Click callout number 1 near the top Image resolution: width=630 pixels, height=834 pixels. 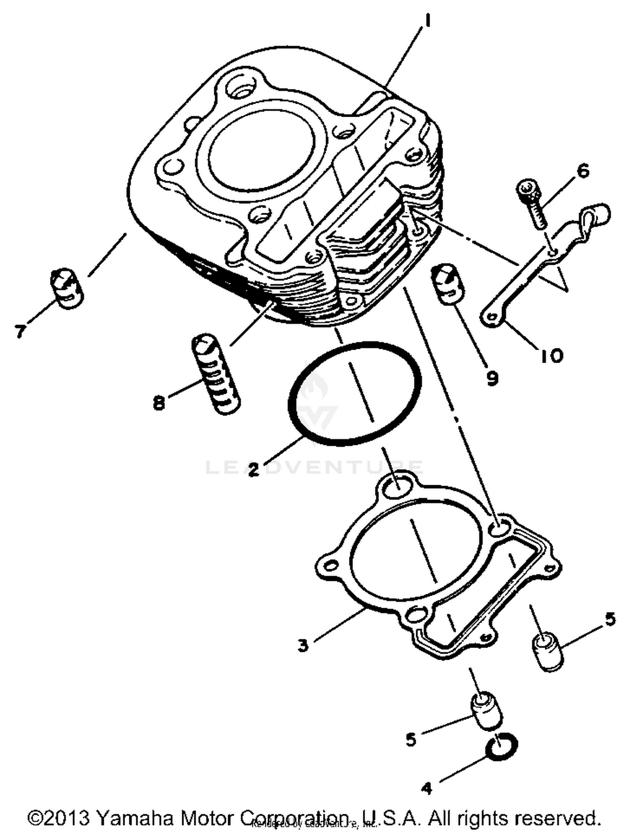click(427, 21)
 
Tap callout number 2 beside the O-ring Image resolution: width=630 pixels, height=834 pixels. click(253, 469)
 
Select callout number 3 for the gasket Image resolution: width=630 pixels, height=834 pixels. click(303, 646)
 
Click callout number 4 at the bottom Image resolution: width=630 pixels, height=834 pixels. click(426, 789)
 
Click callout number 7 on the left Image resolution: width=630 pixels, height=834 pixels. click(20, 331)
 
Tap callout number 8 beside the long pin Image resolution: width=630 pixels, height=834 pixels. click(159, 403)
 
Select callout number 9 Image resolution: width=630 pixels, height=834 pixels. click(492, 378)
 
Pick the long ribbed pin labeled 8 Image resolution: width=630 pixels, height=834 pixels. click(216, 374)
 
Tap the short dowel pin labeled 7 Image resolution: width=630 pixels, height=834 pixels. click(67, 288)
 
